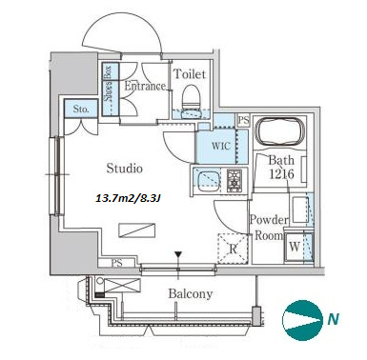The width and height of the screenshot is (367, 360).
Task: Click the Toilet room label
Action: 190,74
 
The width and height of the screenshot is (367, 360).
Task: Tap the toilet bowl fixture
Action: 192,97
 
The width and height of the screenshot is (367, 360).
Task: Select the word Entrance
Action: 145,86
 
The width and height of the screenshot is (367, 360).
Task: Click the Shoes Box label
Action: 108,83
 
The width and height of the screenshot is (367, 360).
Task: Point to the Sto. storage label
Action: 81,110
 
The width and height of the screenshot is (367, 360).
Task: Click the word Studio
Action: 124,168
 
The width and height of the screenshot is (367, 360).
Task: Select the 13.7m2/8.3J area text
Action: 129,199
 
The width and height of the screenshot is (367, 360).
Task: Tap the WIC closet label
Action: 221,146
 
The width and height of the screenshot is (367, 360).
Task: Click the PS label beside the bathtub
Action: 244,121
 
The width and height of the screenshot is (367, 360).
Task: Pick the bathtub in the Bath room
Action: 279,131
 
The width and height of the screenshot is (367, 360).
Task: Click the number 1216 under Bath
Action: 281,174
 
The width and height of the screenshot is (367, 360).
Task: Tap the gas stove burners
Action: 234,180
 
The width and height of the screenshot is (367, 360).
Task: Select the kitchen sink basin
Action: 209,181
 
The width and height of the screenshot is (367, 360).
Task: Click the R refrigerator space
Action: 233,249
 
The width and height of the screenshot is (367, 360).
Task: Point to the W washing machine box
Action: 295,247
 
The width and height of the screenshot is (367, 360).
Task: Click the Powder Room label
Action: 269,228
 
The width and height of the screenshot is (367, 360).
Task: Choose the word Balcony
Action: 191,293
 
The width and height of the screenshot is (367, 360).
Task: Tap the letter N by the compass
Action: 333,318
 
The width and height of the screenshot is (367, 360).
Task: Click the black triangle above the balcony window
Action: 178,255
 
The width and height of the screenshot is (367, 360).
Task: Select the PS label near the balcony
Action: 117,263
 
